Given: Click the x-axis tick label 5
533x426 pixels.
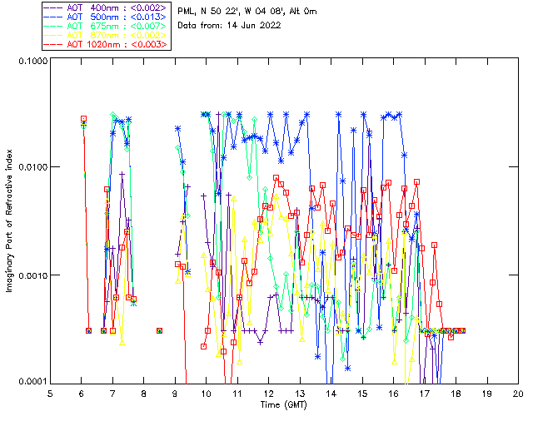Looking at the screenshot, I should [x=50, y=394].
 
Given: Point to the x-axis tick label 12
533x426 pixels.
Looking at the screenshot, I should [x=268, y=394].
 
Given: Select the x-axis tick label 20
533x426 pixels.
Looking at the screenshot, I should [x=518, y=394].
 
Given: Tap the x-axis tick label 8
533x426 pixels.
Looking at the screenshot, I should [x=143, y=394].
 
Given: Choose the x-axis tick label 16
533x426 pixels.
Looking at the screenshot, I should [x=393, y=394].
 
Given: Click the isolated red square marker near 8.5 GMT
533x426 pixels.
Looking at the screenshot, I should [x=159, y=330].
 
